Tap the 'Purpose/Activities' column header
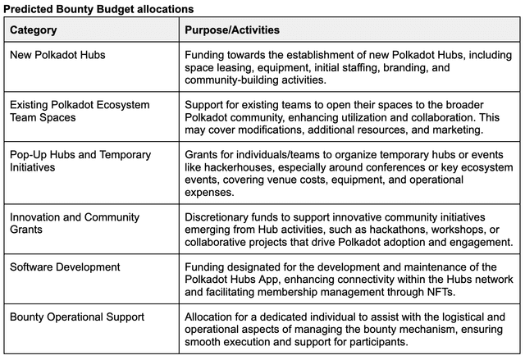click(x=232, y=30)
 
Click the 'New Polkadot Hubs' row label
click(x=57, y=55)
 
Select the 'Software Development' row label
click(x=65, y=267)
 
